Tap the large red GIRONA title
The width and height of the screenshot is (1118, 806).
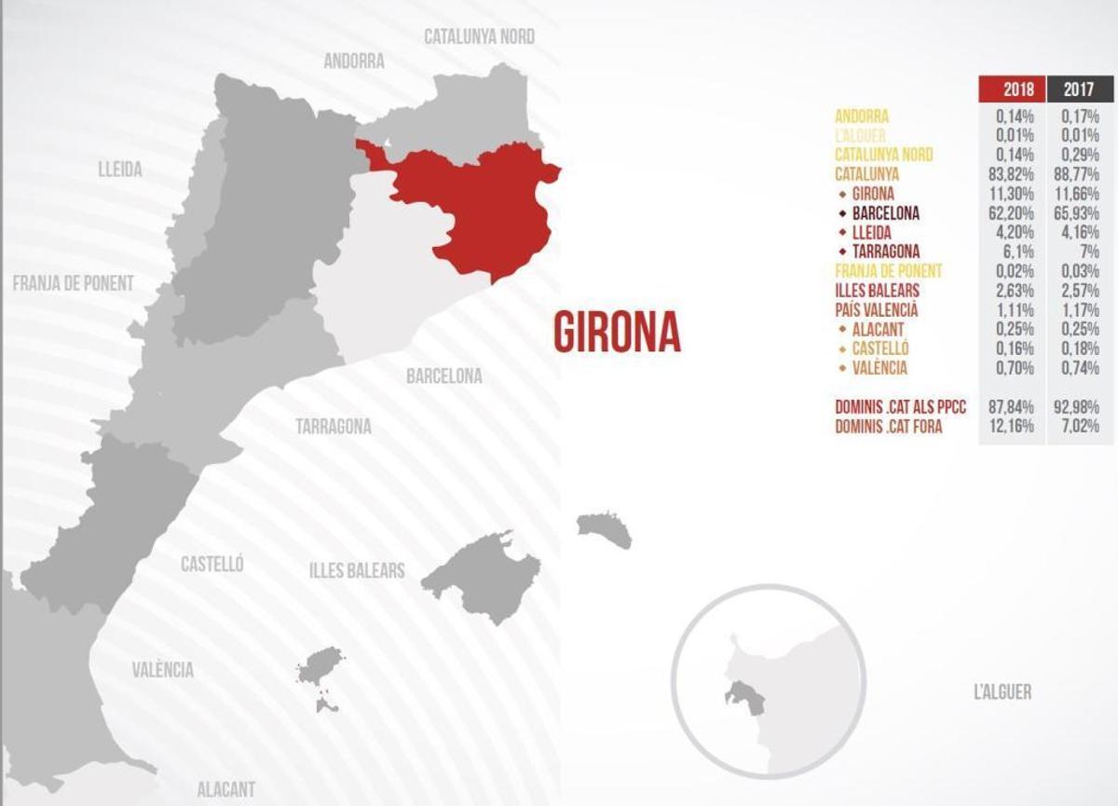[x=617, y=332]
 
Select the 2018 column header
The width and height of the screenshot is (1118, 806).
[x=1011, y=89]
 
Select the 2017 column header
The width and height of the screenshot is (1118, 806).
[x=1080, y=89]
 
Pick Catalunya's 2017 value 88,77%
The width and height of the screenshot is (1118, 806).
[x=1080, y=174]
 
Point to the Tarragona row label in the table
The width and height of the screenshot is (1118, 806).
[x=885, y=252]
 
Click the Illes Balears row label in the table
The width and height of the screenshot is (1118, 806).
[x=877, y=291]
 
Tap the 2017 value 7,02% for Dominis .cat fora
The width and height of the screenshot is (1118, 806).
[x=1080, y=427]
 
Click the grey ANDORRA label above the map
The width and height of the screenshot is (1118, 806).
[x=354, y=61]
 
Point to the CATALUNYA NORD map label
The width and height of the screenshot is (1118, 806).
[x=479, y=36]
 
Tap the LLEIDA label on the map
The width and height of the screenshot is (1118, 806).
[x=120, y=170]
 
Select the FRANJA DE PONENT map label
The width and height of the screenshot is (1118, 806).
[x=74, y=283]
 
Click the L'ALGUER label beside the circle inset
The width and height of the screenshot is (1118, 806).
[x=1002, y=692]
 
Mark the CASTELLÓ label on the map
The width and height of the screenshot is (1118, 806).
[x=212, y=564]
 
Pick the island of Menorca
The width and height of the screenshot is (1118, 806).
[x=605, y=529]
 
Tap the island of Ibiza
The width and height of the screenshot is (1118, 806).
[x=320, y=667]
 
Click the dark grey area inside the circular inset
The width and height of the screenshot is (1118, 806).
[x=743, y=695]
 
